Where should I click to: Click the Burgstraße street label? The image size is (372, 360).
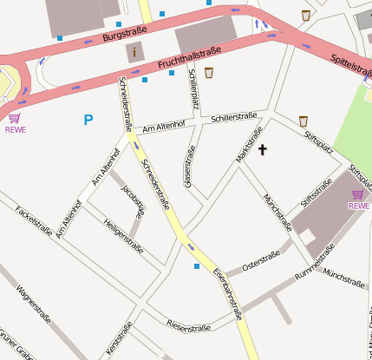(x=125, y=34)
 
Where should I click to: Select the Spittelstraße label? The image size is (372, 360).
(x=350, y=66)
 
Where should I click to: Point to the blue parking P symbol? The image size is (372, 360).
(x=88, y=120)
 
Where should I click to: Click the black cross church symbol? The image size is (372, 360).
(x=263, y=150)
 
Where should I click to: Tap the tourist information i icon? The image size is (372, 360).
(x=134, y=52)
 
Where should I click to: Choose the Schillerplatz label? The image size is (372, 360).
(x=193, y=90)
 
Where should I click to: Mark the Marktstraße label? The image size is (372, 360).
(x=249, y=145)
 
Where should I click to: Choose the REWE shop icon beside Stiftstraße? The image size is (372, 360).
(x=358, y=195)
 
